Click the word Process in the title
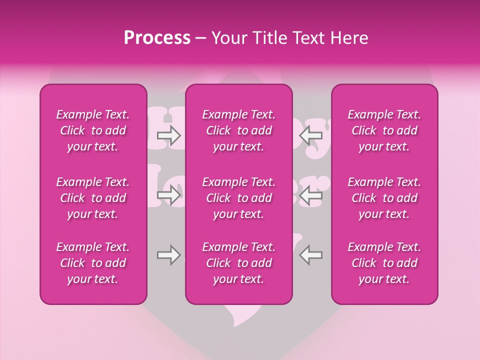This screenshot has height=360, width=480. (x=157, y=38)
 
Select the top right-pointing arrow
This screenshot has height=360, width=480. (x=168, y=135)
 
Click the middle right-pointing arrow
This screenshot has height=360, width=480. (x=168, y=195)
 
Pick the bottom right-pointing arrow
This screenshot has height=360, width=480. (x=168, y=255)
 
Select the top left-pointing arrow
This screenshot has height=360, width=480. (x=310, y=135)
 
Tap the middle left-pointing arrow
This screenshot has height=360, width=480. (x=310, y=195)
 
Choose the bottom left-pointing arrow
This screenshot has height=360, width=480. (x=310, y=255)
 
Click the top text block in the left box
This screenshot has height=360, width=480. (x=93, y=130)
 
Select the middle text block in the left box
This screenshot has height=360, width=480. (x=93, y=198)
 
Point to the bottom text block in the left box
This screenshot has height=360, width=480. (x=93, y=263)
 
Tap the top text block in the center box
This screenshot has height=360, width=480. (x=239, y=130)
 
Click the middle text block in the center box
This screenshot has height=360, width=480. (x=239, y=198)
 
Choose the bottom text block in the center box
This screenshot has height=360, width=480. (x=239, y=263)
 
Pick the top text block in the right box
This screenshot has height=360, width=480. (x=384, y=130)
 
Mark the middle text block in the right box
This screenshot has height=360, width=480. (x=384, y=198)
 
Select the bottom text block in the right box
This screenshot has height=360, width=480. (x=384, y=263)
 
